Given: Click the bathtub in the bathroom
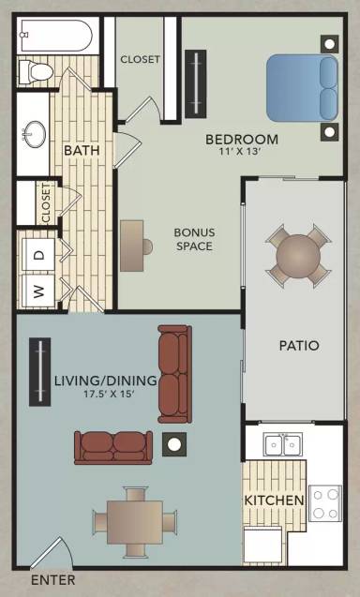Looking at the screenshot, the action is coord(56,36).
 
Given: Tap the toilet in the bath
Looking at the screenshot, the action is coord(36,71).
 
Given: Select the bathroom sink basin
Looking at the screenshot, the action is coord(35,134).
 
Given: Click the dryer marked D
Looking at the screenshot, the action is coord(38,255).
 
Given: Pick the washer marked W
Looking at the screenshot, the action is coord(38,291).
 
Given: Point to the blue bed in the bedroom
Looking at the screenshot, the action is coord(302,88).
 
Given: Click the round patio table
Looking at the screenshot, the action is coord(298,256).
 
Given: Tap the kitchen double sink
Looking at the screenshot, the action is coord(283,444).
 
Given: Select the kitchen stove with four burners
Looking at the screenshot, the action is coord(325,503).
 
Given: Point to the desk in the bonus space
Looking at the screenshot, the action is coord(132,246).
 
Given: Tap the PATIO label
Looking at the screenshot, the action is coord(299,346).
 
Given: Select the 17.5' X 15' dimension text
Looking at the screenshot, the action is coord(110,394).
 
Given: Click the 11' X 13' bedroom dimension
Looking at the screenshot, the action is coord(240,152).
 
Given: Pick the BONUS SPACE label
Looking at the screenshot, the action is coord(194,239).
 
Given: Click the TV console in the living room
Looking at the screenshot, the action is coord(40,371).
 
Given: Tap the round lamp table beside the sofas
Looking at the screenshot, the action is coord(174,444).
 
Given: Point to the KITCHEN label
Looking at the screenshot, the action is coord(275,500).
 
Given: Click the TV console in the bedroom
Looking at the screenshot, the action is coord(196,83).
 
